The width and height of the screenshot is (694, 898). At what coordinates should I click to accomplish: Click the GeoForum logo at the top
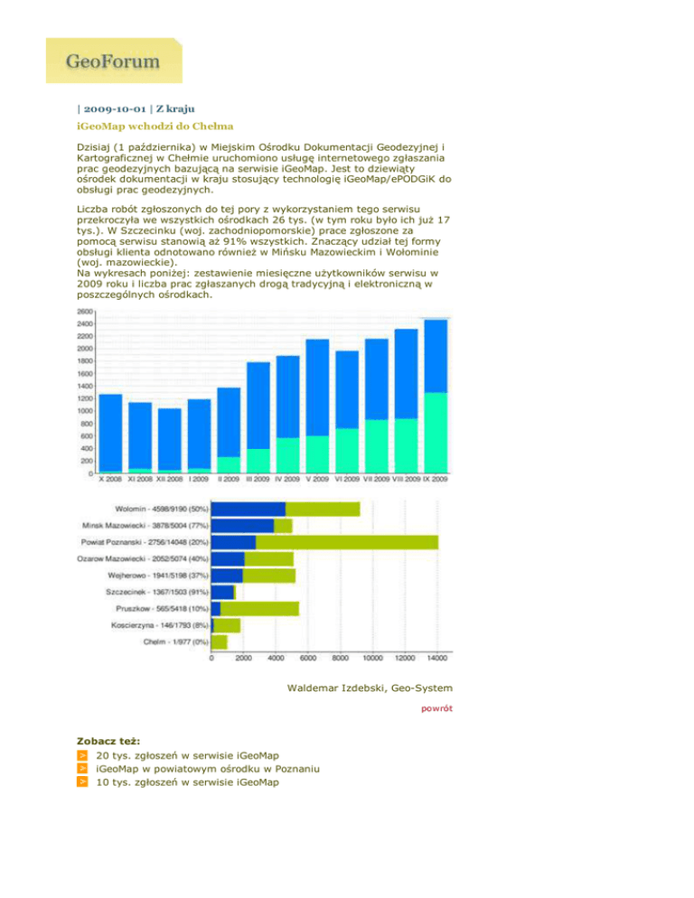(x=113, y=61)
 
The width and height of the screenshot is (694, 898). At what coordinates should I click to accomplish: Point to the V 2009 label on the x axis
(x=317, y=480)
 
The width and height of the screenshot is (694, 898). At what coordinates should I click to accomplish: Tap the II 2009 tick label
(x=230, y=480)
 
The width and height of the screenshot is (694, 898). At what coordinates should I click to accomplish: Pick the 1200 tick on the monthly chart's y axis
(x=83, y=398)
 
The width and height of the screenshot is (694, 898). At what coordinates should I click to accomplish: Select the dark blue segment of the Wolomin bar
(x=249, y=509)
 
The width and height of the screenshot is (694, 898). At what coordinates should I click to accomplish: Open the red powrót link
(x=437, y=709)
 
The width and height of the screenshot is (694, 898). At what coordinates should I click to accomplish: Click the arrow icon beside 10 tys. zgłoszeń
(x=82, y=782)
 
